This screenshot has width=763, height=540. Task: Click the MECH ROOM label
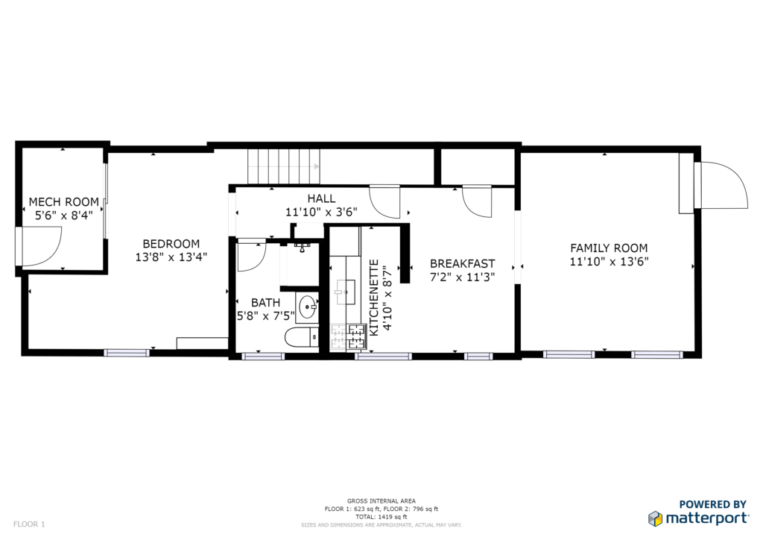[64, 201]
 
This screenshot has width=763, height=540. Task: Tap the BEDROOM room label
[171, 243]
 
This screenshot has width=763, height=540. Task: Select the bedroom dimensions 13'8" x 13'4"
[171, 257]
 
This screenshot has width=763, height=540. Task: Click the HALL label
[321, 198]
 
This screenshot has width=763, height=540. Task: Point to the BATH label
[266, 302]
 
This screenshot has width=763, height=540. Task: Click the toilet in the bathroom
[302, 337]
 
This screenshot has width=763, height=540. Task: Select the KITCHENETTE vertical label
[374, 298]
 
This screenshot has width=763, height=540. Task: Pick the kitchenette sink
[345, 292]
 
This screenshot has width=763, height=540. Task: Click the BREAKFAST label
[462, 263]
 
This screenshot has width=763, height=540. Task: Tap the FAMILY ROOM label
[609, 248]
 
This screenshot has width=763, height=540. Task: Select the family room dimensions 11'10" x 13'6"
[609, 262]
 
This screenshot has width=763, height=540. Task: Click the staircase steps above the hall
[284, 166]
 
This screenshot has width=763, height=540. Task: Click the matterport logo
[698, 518]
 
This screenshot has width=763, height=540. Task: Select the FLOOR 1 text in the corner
[29, 524]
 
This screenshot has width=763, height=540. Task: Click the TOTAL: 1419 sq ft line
[381, 517]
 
